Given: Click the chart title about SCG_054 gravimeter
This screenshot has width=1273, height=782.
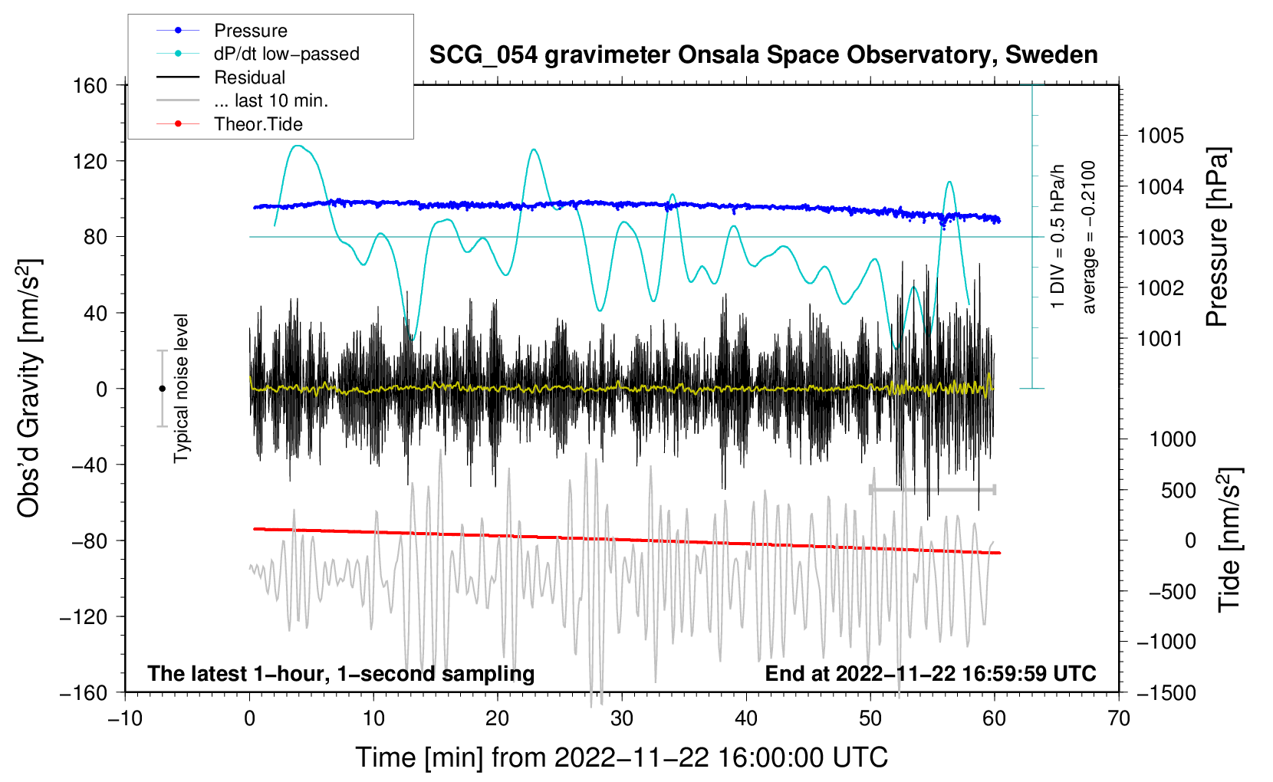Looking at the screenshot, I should click(763, 55).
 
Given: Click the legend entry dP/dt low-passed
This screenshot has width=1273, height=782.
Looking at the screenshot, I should click(286, 54).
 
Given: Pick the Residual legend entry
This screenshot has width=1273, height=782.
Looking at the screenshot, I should click(249, 77).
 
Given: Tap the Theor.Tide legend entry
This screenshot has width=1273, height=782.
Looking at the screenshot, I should click(258, 124).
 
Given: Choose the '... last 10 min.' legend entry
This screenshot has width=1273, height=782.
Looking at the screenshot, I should click(271, 100).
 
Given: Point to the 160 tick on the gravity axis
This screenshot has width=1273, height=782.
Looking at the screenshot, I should click(90, 85).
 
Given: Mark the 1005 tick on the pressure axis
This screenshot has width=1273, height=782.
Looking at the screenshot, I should click(1160, 136).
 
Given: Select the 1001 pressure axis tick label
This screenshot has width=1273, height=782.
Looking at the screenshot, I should click(1160, 338).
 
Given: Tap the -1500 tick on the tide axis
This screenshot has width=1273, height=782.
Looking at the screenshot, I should click(1166, 692).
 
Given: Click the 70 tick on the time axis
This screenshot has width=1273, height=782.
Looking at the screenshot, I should click(1119, 718).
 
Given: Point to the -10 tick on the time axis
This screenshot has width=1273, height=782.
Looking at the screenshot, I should click(125, 718).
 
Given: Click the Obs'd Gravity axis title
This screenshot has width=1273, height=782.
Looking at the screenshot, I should click(28, 388).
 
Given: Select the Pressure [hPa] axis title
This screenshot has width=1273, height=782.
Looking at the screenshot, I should click(1217, 237).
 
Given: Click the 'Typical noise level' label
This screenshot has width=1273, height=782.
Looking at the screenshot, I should click(181, 388).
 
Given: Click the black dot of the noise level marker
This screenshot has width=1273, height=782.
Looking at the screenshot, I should click(162, 389).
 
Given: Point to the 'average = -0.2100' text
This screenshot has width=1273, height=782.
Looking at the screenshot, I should click(1089, 237).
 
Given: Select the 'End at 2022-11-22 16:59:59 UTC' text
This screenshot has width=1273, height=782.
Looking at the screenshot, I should click(930, 673).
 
